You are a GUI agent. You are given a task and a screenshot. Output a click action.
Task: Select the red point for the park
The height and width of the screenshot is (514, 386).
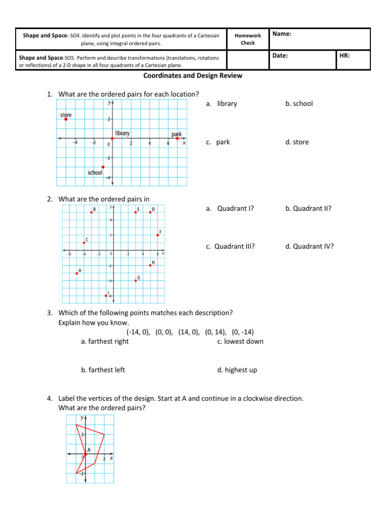click(x=177, y=139)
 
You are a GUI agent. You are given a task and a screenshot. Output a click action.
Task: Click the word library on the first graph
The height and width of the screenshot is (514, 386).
click(x=122, y=133)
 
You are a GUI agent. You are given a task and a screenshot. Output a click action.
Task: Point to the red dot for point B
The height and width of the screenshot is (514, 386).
click(x=91, y=213)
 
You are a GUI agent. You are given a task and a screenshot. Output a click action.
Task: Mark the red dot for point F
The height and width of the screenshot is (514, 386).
click(x=158, y=235)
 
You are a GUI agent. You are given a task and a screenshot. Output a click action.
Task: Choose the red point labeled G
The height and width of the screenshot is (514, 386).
click(x=136, y=281)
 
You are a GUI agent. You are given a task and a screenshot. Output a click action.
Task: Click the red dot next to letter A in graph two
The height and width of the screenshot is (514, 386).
click(x=77, y=273)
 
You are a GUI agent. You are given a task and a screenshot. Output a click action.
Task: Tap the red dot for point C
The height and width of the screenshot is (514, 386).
click(x=84, y=242)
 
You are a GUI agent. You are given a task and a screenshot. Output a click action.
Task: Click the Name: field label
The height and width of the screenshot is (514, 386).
click(x=282, y=34)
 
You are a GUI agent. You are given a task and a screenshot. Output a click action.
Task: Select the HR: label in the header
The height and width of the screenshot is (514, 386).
click(x=345, y=56)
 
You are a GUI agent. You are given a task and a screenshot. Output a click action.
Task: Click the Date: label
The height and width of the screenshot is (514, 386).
click(x=280, y=56)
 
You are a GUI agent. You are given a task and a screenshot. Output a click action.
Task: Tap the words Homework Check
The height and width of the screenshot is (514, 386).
click(x=248, y=39)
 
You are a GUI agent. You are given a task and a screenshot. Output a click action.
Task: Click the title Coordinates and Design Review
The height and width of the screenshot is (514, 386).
click(x=193, y=76)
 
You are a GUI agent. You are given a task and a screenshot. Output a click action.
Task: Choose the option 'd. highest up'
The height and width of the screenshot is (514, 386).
click(x=237, y=370)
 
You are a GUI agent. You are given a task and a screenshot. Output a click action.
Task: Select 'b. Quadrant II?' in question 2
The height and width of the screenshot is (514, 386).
click(x=308, y=208)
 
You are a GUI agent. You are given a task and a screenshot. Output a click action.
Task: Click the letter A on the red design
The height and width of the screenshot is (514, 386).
click(x=89, y=450)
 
